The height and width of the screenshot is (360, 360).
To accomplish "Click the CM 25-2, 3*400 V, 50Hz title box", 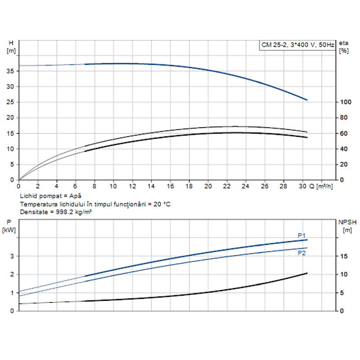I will pos(297,45).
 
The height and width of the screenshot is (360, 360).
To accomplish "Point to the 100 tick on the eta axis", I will pos(345,102).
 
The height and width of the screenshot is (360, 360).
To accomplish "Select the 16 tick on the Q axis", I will pos(170,186).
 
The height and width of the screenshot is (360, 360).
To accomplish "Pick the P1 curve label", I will pos(301,235).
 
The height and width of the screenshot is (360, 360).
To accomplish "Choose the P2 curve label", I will pos(301,253).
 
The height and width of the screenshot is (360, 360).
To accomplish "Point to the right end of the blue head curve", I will pos(307,100).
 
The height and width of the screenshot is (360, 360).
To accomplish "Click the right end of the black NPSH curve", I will pos(307,273).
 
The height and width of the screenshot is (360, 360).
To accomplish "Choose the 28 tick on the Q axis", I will pos(283,186).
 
